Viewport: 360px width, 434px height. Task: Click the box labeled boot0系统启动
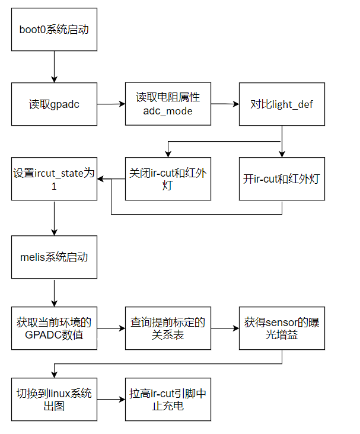[x=54, y=29]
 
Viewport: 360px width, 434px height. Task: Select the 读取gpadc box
[x=54, y=104]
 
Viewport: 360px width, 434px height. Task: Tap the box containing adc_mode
[x=168, y=104]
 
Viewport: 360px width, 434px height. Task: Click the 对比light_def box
[x=282, y=104]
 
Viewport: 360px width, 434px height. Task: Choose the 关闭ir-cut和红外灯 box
[x=168, y=178]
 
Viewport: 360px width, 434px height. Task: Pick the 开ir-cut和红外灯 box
[x=282, y=178]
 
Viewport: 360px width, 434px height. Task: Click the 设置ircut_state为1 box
[x=54, y=178]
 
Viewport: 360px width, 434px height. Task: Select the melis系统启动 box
[x=54, y=257]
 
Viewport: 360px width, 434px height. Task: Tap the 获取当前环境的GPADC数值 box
[x=54, y=328]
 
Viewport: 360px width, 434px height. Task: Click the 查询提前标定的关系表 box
[x=168, y=328]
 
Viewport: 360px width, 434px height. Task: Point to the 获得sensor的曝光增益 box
[x=282, y=328]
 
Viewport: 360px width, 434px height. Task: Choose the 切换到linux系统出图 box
[x=54, y=400]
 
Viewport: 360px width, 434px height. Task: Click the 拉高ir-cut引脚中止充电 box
[x=168, y=400]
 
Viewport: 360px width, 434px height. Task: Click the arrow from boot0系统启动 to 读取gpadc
[x=54, y=66]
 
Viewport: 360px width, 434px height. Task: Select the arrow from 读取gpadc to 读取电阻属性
[x=111, y=104]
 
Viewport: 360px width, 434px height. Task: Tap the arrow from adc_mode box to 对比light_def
[x=225, y=104]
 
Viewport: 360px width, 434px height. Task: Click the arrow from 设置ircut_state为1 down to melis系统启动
[x=54, y=218]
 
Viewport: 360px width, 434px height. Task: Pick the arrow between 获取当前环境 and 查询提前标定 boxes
[x=111, y=328]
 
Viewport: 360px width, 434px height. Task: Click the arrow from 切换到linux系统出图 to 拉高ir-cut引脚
[x=111, y=400]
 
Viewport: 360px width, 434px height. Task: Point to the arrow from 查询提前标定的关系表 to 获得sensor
[x=225, y=328]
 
